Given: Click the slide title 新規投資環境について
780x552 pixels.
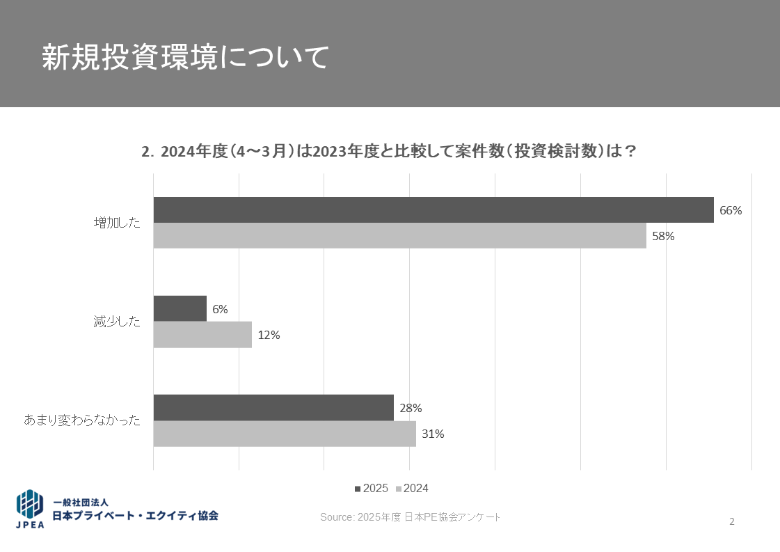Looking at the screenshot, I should coord(184,58).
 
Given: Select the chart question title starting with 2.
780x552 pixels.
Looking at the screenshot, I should coord(389,151).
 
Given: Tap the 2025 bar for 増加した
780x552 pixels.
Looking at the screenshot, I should coord(433,210).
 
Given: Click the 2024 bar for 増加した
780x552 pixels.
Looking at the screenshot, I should coord(399,235).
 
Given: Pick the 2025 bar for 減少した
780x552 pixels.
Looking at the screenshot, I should coord(180,308).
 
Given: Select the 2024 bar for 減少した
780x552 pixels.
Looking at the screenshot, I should coord(202,335).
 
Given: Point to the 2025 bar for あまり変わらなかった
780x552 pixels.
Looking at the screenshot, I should coord(273,407).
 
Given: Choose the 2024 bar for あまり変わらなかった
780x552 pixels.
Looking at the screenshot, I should coord(285,434).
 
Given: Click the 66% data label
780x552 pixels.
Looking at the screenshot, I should coord(731,210).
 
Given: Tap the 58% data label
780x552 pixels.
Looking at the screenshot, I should coord(663,236).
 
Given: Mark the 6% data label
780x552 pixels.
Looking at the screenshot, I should coord(221,309).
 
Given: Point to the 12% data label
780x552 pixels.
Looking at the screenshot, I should coord(269,335).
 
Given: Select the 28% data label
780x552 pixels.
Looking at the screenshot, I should coord(411,408).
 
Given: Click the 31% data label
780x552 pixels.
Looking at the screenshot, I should coord(433,434).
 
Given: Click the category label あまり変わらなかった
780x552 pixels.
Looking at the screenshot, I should coord(82,420).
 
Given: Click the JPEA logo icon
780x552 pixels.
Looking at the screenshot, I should coord(30,509).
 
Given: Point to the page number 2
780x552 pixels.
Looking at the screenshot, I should coord(732,521).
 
